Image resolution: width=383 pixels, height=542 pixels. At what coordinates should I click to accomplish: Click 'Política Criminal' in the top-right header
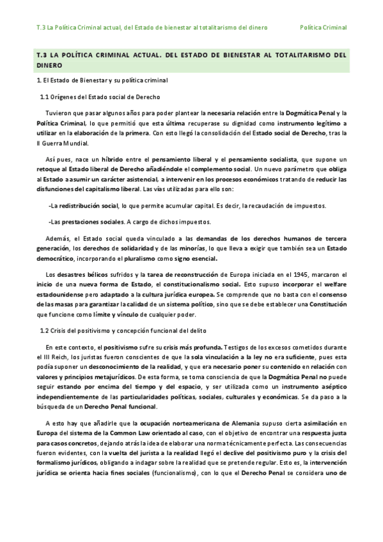point(324,27)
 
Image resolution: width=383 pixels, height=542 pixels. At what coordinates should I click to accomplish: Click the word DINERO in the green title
point(50,65)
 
